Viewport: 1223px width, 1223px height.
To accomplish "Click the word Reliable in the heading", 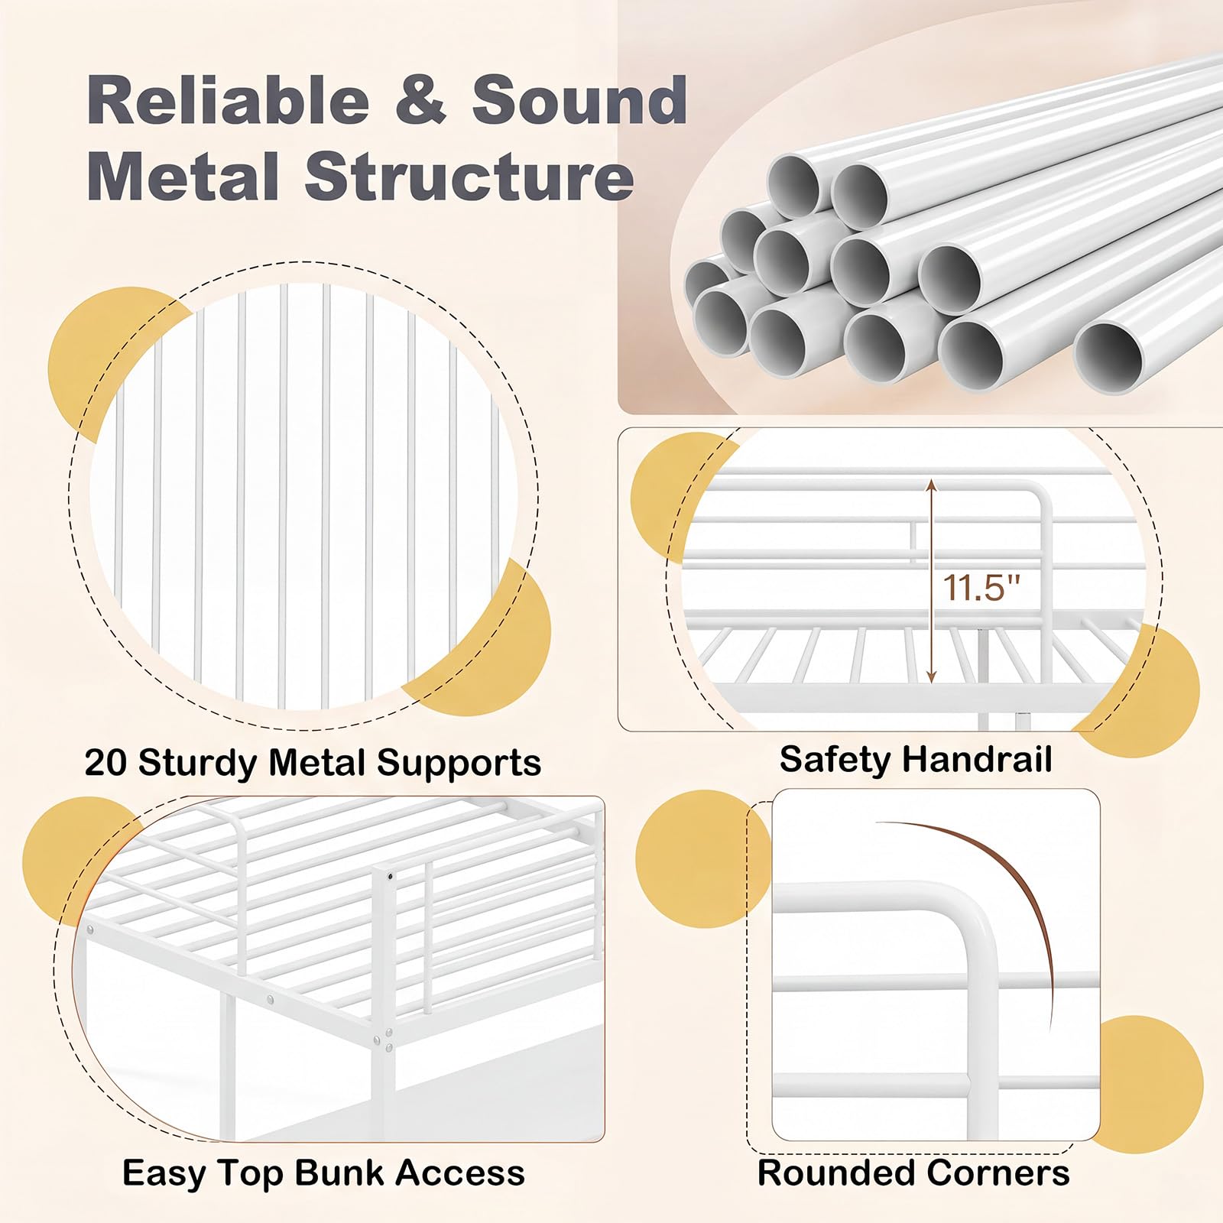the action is (x=229, y=100).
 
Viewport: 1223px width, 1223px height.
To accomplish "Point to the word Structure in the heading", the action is (x=469, y=177).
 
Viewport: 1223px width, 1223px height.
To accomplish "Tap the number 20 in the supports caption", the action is (x=106, y=762).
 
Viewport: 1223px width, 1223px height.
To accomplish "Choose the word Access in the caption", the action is (x=459, y=1173).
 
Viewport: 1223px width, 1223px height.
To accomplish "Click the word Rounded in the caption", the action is (x=833, y=1173).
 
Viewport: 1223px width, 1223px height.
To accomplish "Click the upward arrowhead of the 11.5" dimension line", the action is (x=931, y=487).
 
